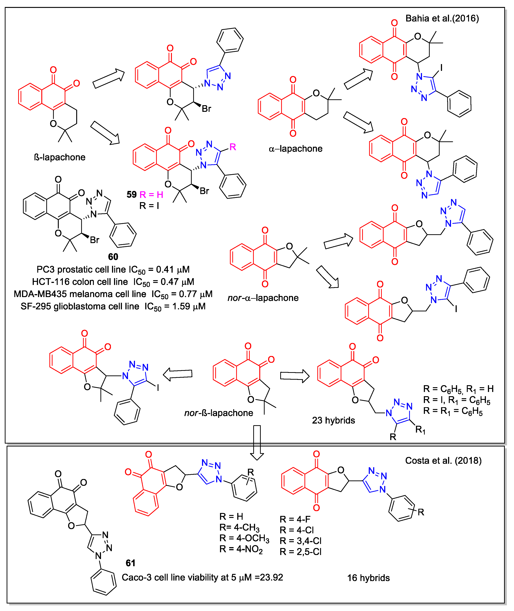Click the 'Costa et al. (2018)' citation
pyautogui.click(x=443, y=460)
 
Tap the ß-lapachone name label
pyautogui.click(x=60, y=157)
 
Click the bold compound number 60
pyautogui.click(x=113, y=257)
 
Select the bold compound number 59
pyautogui.click(x=131, y=194)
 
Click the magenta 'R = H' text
pyautogui.click(x=151, y=194)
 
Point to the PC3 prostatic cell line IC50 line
pyautogui.click(x=113, y=270)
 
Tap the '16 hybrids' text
pyautogui.click(x=368, y=578)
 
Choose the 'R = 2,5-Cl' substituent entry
pyautogui.click(x=300, y=552)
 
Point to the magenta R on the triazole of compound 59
pyautogui.click(x=232, y=147)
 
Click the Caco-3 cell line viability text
pyautogui.click(x=202, y=577)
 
